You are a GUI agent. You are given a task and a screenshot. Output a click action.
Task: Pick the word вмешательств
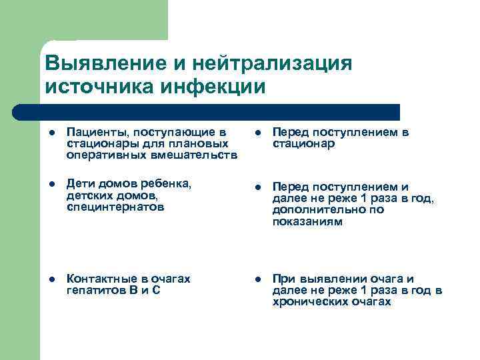pos(196,155)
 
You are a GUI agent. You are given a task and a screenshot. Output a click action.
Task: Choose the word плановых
pos(200,144)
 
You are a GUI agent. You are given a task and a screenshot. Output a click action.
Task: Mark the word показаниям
pos(307,221)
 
